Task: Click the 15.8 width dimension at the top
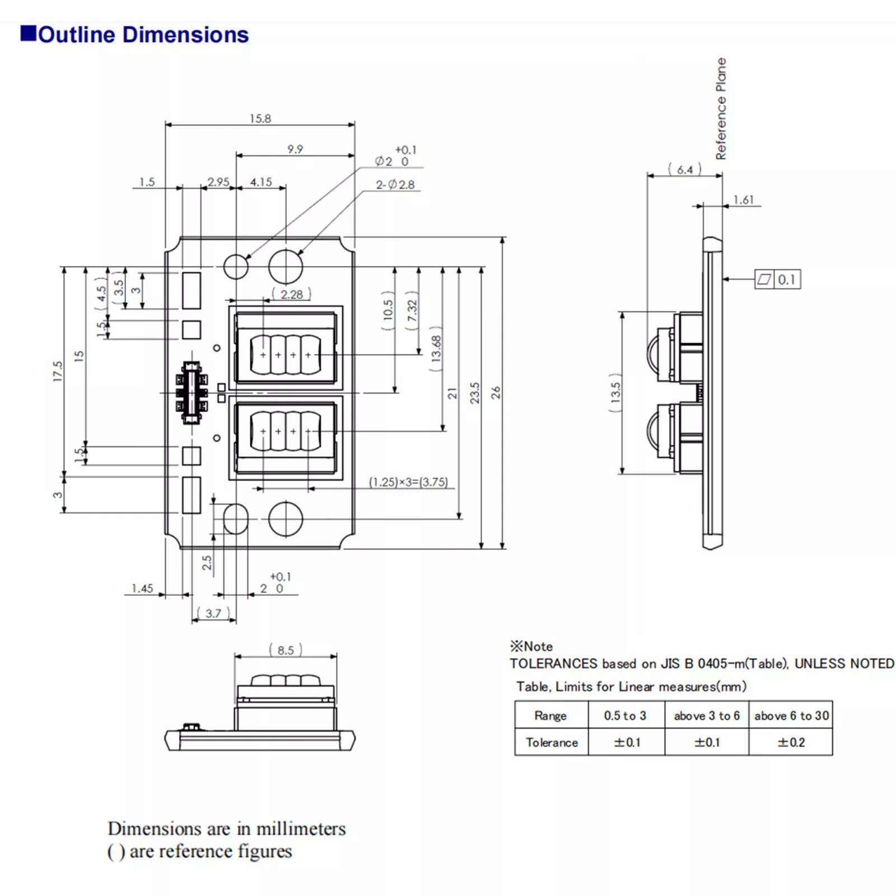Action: coord(260,119)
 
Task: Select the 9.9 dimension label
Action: coord(295,149)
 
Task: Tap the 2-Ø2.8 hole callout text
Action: coord(395,185)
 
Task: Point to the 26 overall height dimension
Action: coord(496,393)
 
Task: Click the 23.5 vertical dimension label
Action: coord(475,393)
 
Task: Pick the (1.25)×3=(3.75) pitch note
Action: coord(408,482)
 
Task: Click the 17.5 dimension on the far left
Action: coord(58,371)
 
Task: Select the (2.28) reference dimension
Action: coord(291,295)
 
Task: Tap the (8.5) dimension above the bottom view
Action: coord(286,650)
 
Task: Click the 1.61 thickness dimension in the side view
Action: coord(744,200)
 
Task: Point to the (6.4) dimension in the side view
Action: coord(685,170)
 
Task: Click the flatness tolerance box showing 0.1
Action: coord(778,279)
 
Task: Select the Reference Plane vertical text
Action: coord(721,109)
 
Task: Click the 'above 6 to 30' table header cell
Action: coord(791,716)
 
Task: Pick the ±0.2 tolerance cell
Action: coord(791,743)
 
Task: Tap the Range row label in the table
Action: coord(550,716)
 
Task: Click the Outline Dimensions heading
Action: coord(143,35)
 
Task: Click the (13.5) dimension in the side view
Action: coord(615,393)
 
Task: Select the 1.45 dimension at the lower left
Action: coord(142,589)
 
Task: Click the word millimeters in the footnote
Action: coord(301,829)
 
